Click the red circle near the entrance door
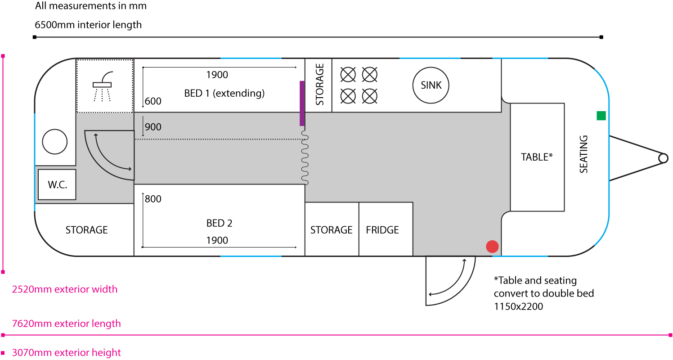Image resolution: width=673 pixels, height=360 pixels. [x=493, y=247]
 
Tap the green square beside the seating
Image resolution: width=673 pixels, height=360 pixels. [x=601, y=116]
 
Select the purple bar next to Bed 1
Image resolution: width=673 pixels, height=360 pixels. [x=302, y=103]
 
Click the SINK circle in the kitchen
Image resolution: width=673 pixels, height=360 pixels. [x=431, y=85]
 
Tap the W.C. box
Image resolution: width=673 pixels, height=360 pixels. [x=57, y=184]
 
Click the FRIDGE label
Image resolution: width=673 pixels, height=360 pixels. [x=382, y=230]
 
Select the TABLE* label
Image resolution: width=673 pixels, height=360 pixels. [x=537, y=157]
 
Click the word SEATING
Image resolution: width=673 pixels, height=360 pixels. [x=583, y=154]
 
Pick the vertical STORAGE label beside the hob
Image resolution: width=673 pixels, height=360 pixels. [x=319, y=85]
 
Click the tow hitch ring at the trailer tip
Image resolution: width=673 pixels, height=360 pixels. [x=663, y=158]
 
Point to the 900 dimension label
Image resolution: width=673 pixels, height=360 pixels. [x=153, y=127]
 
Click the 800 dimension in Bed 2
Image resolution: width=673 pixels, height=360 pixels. [x=153, y=199]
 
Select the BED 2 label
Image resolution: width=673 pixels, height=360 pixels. [x=220, y=223]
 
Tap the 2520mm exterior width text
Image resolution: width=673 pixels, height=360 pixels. [x=65, y=289]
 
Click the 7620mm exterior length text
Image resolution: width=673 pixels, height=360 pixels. [x=66, y=324]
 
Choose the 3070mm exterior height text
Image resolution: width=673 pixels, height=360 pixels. [x=66, y=353]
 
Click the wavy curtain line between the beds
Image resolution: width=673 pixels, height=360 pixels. [x=305, y=157]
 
